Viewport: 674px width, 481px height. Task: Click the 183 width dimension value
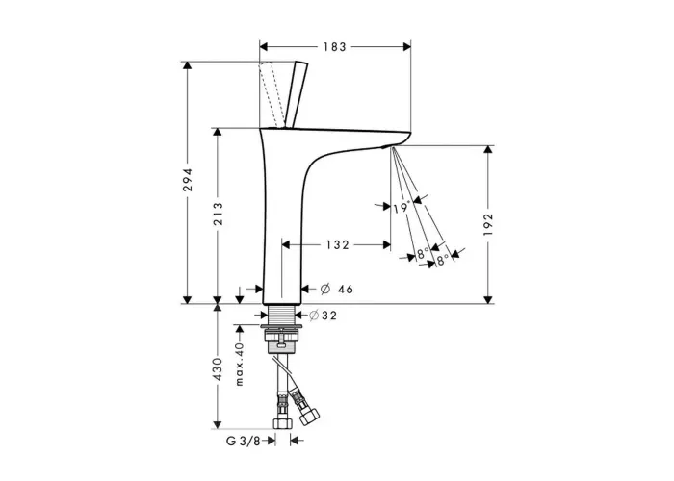tap(335, 47)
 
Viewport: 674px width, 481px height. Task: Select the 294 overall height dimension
tap(188, 180)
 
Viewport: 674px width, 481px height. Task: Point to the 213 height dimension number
tap(218, 214)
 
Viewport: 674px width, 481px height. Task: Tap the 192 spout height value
tap(488, 224)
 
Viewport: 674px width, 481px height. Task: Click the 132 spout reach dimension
tap(337, 244)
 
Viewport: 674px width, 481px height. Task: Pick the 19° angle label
tap(402, 208)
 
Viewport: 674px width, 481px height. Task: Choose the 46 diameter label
tap(345, 290)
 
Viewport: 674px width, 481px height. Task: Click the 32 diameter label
tap(329, 316)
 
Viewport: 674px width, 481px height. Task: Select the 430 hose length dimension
tap(218, 368)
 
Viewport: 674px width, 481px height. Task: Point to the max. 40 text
tap(240, 364)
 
